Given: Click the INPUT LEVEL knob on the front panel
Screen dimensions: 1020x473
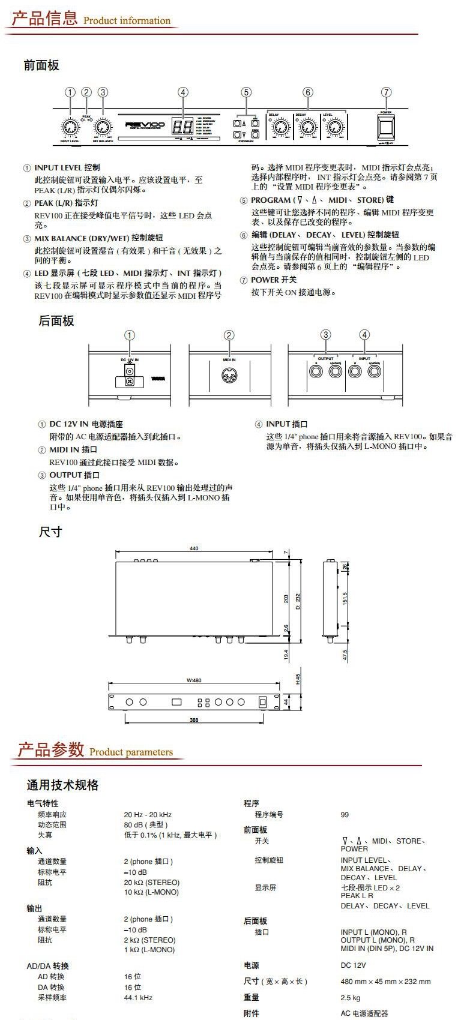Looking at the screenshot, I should [70, 127].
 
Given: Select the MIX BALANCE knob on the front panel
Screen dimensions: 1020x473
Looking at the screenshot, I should [103, 127].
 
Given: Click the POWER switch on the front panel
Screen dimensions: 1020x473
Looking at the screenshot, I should [385, 127].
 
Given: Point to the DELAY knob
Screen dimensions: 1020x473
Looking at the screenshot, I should [279, 127].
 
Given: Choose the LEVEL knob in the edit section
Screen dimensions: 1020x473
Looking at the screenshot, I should [333, 127].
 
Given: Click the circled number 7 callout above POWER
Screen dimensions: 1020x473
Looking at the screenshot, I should [386, 92].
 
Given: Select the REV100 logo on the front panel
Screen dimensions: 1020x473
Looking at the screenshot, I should [141, 125].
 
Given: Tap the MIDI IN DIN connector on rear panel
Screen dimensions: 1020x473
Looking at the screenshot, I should [229, 377].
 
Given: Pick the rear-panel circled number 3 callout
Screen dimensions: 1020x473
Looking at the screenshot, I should [325, 335].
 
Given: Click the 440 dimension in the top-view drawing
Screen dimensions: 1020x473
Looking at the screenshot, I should [194, 548].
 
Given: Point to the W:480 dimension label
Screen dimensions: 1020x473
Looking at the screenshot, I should [194, 680].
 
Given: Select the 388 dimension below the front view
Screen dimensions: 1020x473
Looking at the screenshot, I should [194, 719].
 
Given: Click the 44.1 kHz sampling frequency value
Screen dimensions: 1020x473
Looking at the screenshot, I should [138, 998].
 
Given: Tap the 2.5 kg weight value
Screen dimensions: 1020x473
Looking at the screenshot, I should [351, 998].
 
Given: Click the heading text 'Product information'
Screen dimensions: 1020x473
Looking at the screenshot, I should [127, 21].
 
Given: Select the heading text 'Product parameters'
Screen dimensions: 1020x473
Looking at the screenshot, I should [131, 752].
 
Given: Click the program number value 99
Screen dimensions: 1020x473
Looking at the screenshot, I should [345, 815].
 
